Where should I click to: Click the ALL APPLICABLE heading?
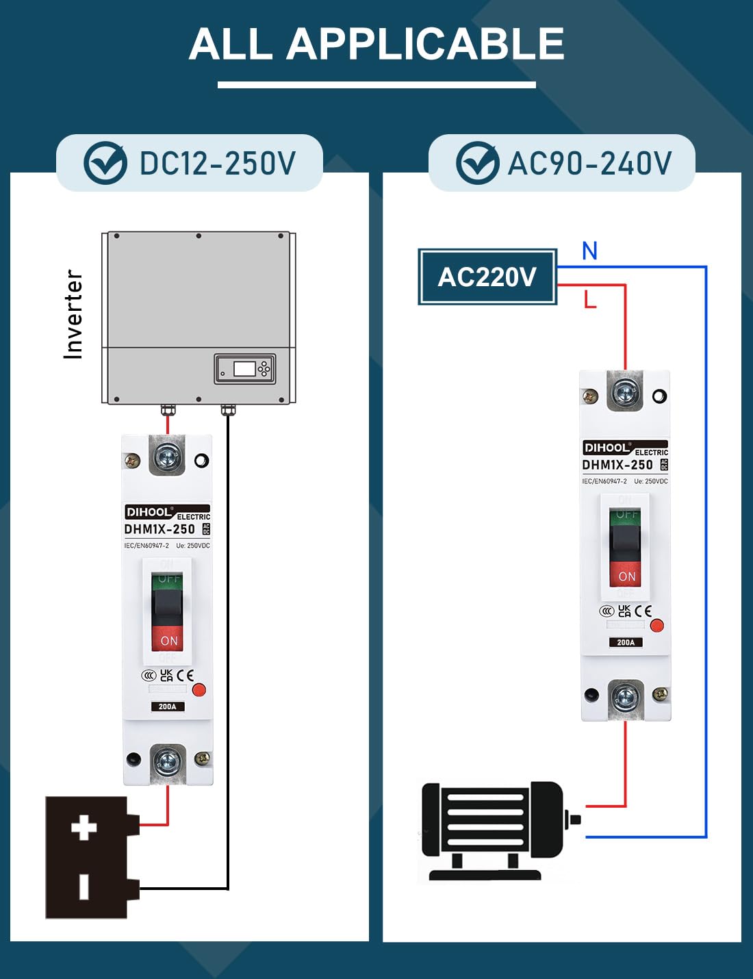click(376, 44)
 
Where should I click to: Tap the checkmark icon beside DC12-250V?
click(105, 163)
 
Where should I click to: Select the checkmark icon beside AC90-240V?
click(477, 163)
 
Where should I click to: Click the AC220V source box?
click(487, 277)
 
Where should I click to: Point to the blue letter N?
click(589, 251)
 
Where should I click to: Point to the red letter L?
click(590, 300)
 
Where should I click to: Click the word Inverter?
click(73, 314)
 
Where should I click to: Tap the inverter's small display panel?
click(244, 369)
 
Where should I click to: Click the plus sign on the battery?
click(84, 827)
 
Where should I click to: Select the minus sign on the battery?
click(84, 886)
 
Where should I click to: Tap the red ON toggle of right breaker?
click(626, 575)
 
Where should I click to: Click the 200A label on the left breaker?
click(168, 707)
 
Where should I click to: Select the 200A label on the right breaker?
click(626, 642)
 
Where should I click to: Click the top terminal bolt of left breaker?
click(167, 457)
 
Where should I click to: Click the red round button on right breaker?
click(657, 625)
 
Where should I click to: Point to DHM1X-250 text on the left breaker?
click(159, 529)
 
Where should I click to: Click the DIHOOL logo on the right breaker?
click(607, 448)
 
